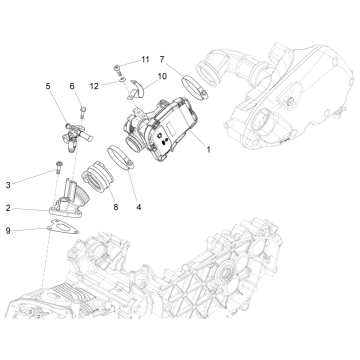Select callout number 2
point(7,208)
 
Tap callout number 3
point(7,185)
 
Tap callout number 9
point(7,232)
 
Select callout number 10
point(162,75)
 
